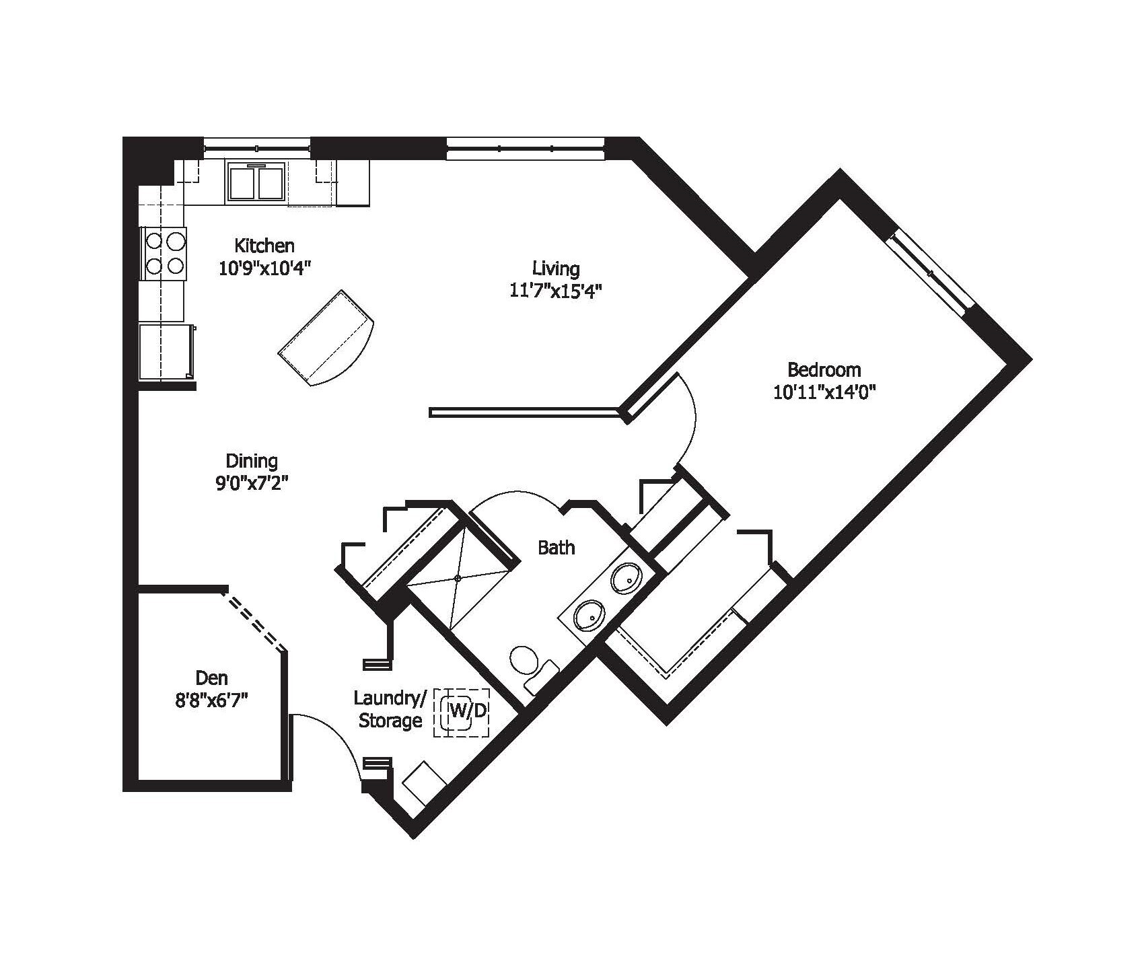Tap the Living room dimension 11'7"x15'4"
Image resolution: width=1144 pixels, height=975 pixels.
(x=555, y=291)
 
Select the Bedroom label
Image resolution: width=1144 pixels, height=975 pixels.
(x=824, y=369)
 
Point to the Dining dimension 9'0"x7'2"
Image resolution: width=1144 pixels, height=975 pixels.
(x=252, y=483)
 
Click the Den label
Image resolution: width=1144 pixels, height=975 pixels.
(x=211, y=677)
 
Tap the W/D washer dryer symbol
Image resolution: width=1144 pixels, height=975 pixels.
(x=462, y=712)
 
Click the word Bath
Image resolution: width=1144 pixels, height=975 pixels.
(x=556, y=548)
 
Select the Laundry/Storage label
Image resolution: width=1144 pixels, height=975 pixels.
(x=389, y=710)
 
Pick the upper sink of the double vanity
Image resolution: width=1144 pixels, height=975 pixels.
(x=627, y=577)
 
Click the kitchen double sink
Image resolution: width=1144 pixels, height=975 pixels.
(x=255, y=182)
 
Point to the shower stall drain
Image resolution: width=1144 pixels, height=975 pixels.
(x=458, y=577)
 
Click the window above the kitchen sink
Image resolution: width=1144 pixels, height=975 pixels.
(x=256, y=147)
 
